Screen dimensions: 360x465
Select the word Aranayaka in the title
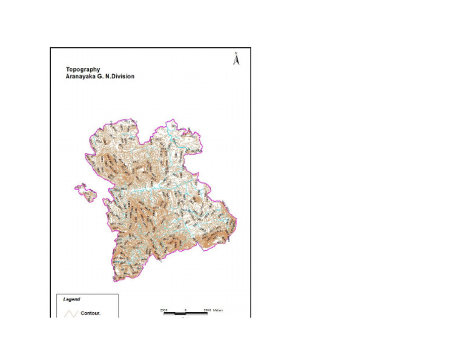[x=81, y=77]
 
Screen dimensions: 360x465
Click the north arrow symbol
[x=237, y=60]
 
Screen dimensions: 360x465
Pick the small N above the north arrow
[x=237, y=53]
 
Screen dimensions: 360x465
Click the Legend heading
[x=71, y=299]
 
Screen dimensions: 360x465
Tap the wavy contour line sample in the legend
[x=71, y=313]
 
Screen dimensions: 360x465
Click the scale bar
[x=185, y=313]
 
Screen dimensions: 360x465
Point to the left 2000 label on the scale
[x=163, y=310]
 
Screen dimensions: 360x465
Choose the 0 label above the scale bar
[x=185, y=310]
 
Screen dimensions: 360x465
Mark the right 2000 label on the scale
[x=207, y=310]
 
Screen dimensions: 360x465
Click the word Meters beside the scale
[x=218, y=310]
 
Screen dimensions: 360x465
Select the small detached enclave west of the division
[x=85, y=192]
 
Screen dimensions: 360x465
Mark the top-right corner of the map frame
[x=250, y=48]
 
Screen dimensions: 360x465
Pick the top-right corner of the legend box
[x=118, y=295]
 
